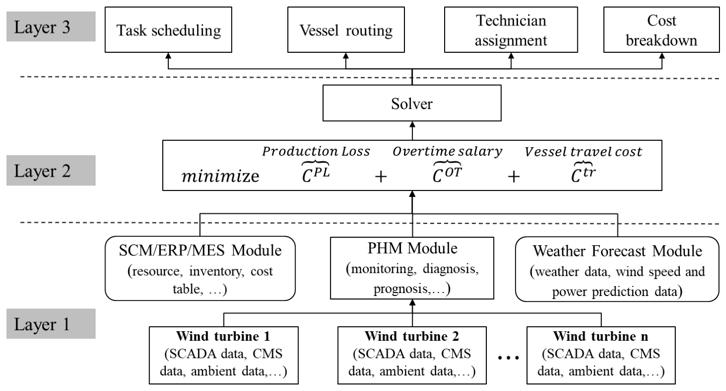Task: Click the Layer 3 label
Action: click(51, 27)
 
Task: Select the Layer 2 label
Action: click(51, 170)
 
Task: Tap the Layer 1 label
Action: click(51, 324)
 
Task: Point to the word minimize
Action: click(221, 176)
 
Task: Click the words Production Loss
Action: click(316, 151)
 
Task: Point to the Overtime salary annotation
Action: click(447, 152)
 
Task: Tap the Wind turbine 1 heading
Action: click(223, 336)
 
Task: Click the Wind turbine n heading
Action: click(600, 336)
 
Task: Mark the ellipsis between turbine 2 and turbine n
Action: click(508, 358)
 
